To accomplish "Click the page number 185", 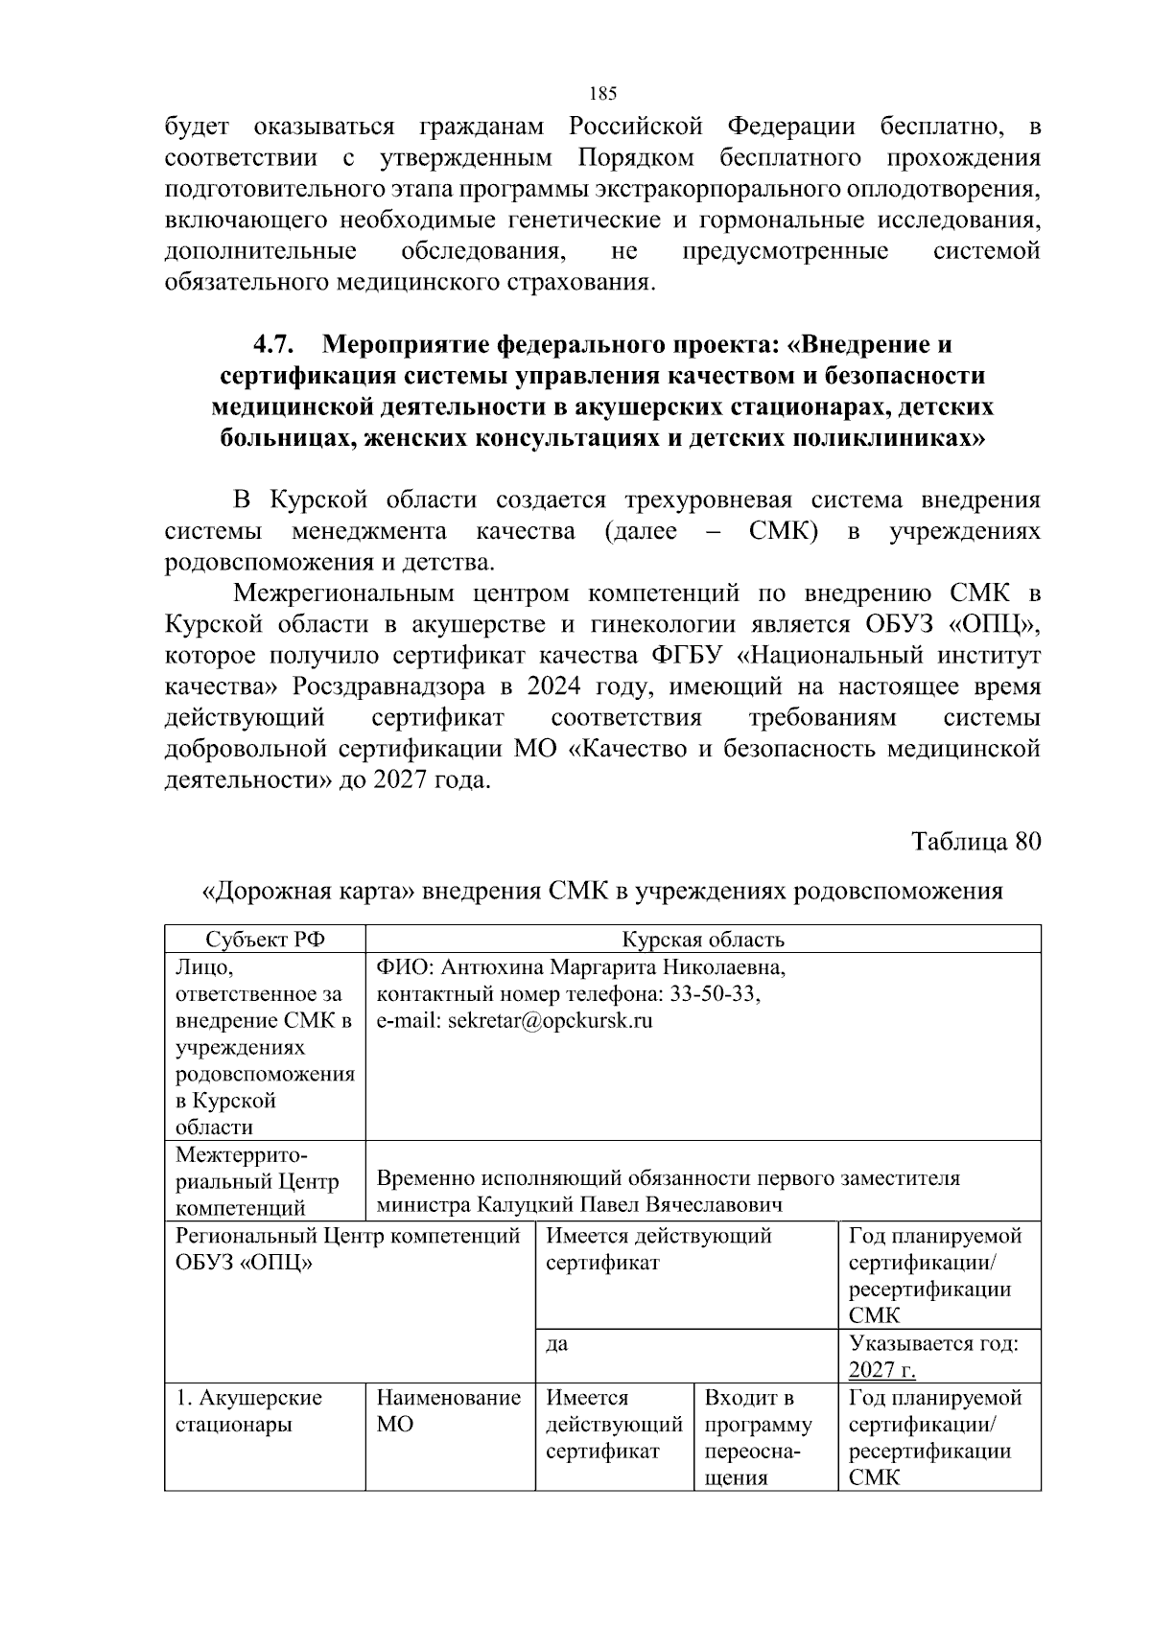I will [602, 93].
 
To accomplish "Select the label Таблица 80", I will [975, 841].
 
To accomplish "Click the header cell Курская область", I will [702, 940].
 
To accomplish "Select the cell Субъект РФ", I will [265, 940].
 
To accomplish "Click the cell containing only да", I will [557, 1343].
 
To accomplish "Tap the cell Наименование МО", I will [448, 1410].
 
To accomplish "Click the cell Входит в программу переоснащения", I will [758, 1436].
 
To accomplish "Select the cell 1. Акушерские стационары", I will [248, 1410].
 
